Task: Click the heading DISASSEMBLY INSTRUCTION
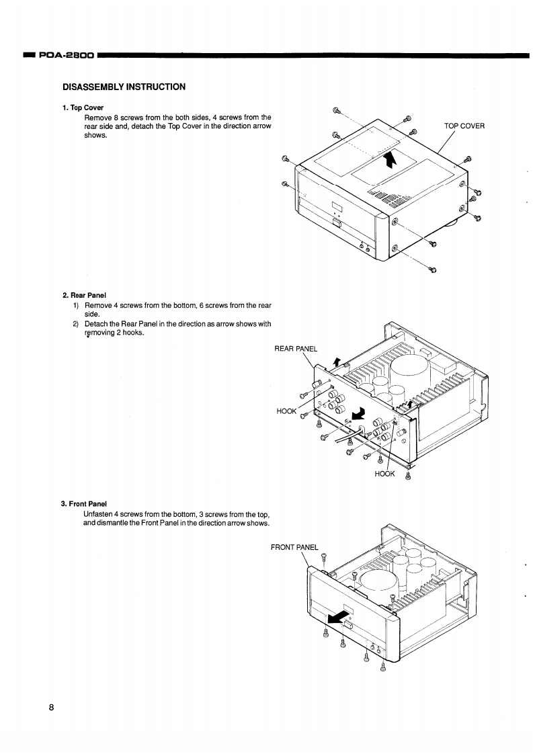pos(124,87)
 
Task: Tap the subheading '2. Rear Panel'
pos(85,294)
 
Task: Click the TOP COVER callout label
pos(464,126)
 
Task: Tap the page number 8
pos(51,708)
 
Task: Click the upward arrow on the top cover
pos(391,160)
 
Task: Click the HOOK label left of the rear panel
pos(286,411)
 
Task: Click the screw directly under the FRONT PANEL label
pos(324,557)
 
